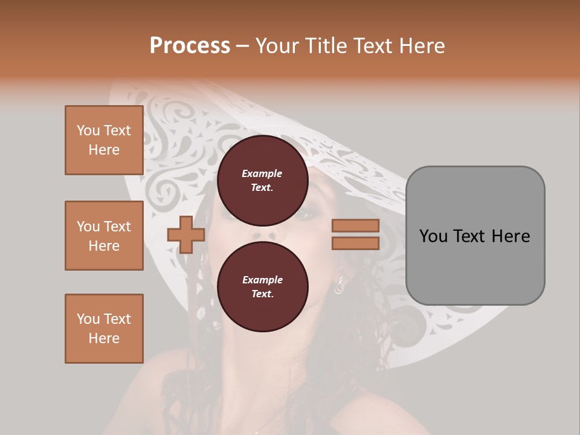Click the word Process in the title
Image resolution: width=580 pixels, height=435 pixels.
[190, 46]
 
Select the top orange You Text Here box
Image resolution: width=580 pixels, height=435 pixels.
[104, 140]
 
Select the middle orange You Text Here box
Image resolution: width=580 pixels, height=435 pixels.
[104, 236]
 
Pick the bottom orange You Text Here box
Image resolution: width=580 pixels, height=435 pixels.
[104, 329]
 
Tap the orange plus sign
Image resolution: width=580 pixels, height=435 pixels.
[186, 234]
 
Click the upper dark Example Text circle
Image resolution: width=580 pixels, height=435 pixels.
[262, 180]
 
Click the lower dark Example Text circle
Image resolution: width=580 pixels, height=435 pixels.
[262, 286]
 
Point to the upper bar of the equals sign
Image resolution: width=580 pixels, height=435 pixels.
[355, 225]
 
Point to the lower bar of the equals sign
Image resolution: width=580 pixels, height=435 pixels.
[355, 243]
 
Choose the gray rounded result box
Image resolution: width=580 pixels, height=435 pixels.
[475, 236]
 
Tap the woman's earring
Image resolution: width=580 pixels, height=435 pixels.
[340, 284]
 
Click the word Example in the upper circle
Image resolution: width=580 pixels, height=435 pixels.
[262, 173]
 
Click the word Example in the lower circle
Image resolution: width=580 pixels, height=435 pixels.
[262, 280]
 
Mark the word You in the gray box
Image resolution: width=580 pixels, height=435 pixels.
[433, 236]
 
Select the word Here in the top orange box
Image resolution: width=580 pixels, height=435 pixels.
[104, 150]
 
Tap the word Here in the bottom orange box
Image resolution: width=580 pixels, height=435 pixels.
[104, 338]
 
